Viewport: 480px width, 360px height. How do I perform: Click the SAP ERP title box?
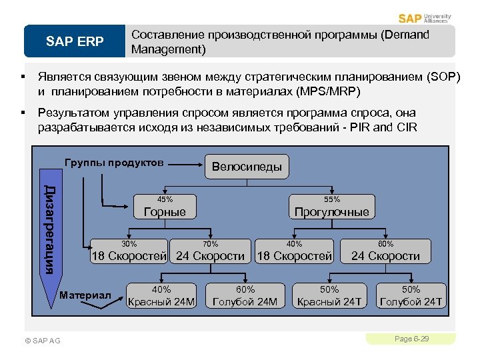(x=75, y=42)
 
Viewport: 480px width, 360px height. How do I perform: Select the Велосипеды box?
(x=247, y=167)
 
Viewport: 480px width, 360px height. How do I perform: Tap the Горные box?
(x=165, y=212)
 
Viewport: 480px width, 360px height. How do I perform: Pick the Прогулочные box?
(x=331, y=212)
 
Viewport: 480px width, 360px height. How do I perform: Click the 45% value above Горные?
(x=165, y=199)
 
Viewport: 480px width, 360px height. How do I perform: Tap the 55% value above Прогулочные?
(x=332, y=199)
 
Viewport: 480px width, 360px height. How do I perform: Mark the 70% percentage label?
(x=211, y=244)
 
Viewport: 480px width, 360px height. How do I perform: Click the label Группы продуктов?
(x=114, y=163)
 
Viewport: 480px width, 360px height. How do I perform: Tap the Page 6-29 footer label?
(x=411, y=339)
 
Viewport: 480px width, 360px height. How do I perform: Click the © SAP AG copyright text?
(x=42, y=341)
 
